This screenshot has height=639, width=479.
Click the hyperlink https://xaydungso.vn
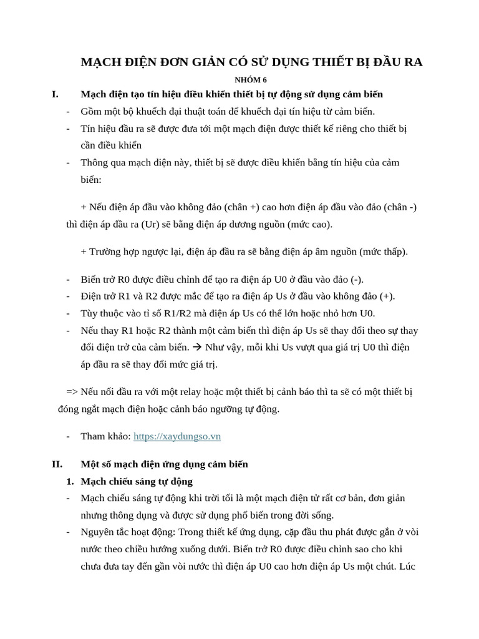(x=177, y=436)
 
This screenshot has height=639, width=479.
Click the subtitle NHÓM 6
(x=251, y=80)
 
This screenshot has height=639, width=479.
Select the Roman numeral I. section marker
(x=55, y=94)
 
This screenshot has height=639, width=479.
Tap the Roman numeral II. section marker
(x=57, y=464)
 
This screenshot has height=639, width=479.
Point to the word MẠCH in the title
(x=100, y=62)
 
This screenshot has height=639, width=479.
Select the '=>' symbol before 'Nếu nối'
(x=72, y=392)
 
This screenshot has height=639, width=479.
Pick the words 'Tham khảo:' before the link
(x=105, y=436)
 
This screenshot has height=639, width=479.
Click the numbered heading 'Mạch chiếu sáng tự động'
(x=137, y=481)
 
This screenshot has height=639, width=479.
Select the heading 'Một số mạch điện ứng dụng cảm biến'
(x=164, y=464)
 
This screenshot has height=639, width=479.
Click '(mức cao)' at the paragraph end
(x=310, y=224)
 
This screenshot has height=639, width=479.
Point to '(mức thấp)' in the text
(x=384, y=251)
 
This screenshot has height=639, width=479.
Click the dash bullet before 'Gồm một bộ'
(x=68, y=112)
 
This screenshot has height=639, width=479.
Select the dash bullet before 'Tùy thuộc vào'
(x=68, y=313)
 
